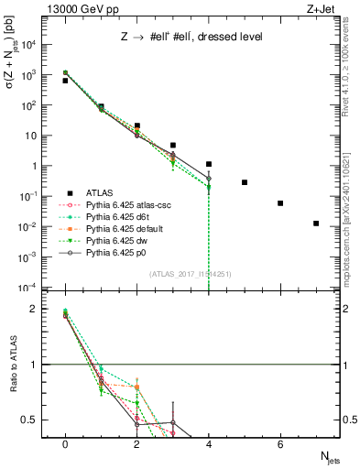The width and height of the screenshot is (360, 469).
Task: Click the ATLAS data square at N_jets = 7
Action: coord(316,224)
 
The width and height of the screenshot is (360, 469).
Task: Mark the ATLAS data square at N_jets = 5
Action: coord(245,182)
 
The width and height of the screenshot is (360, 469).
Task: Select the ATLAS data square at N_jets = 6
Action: coord(280,203)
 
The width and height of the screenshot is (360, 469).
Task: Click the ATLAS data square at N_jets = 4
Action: coord(209,164)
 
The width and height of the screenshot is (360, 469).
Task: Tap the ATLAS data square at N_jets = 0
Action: coord(65,81)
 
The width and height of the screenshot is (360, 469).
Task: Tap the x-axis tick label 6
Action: coord(280,444)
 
